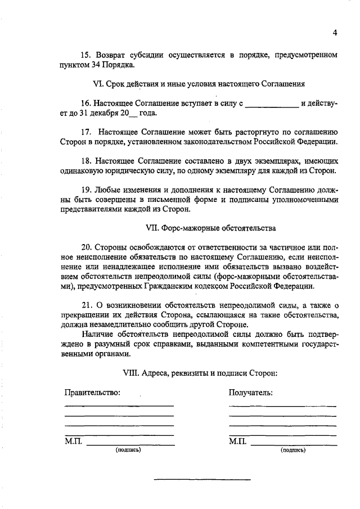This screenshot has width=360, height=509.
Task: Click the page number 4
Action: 335,32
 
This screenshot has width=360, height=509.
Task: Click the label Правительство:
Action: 93,393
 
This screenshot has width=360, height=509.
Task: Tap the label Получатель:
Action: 251,393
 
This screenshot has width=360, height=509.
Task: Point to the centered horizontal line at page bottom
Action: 202,479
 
